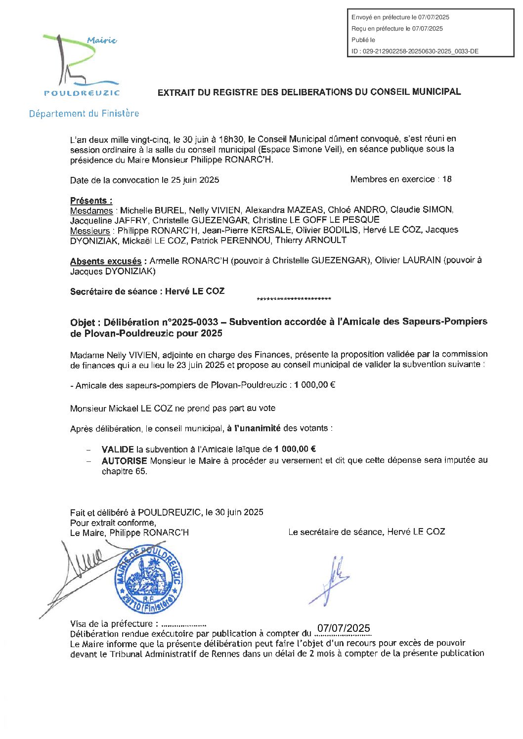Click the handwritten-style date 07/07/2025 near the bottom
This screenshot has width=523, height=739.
pos(344,628)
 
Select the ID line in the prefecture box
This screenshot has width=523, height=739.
pos(415,51)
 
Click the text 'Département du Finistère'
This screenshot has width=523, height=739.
pos(84,114)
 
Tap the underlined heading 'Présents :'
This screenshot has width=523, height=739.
pos(91,201)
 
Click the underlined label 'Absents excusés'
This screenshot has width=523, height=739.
pos(106,261)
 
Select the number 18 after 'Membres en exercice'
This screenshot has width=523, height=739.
pos(446,179)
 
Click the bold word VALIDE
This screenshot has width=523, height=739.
pos(118,450)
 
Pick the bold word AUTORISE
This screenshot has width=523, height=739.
pos(124,460)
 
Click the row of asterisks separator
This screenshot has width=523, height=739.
pos(294,299)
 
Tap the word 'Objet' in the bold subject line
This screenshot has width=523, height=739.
pos(83,323)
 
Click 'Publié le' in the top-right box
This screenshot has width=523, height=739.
pos(363,40)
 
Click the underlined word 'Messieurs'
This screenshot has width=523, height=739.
pos(90,231)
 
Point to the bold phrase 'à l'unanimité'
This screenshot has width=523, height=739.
pos(254,428)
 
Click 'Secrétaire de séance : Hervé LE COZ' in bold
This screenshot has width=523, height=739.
pos(147,291)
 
